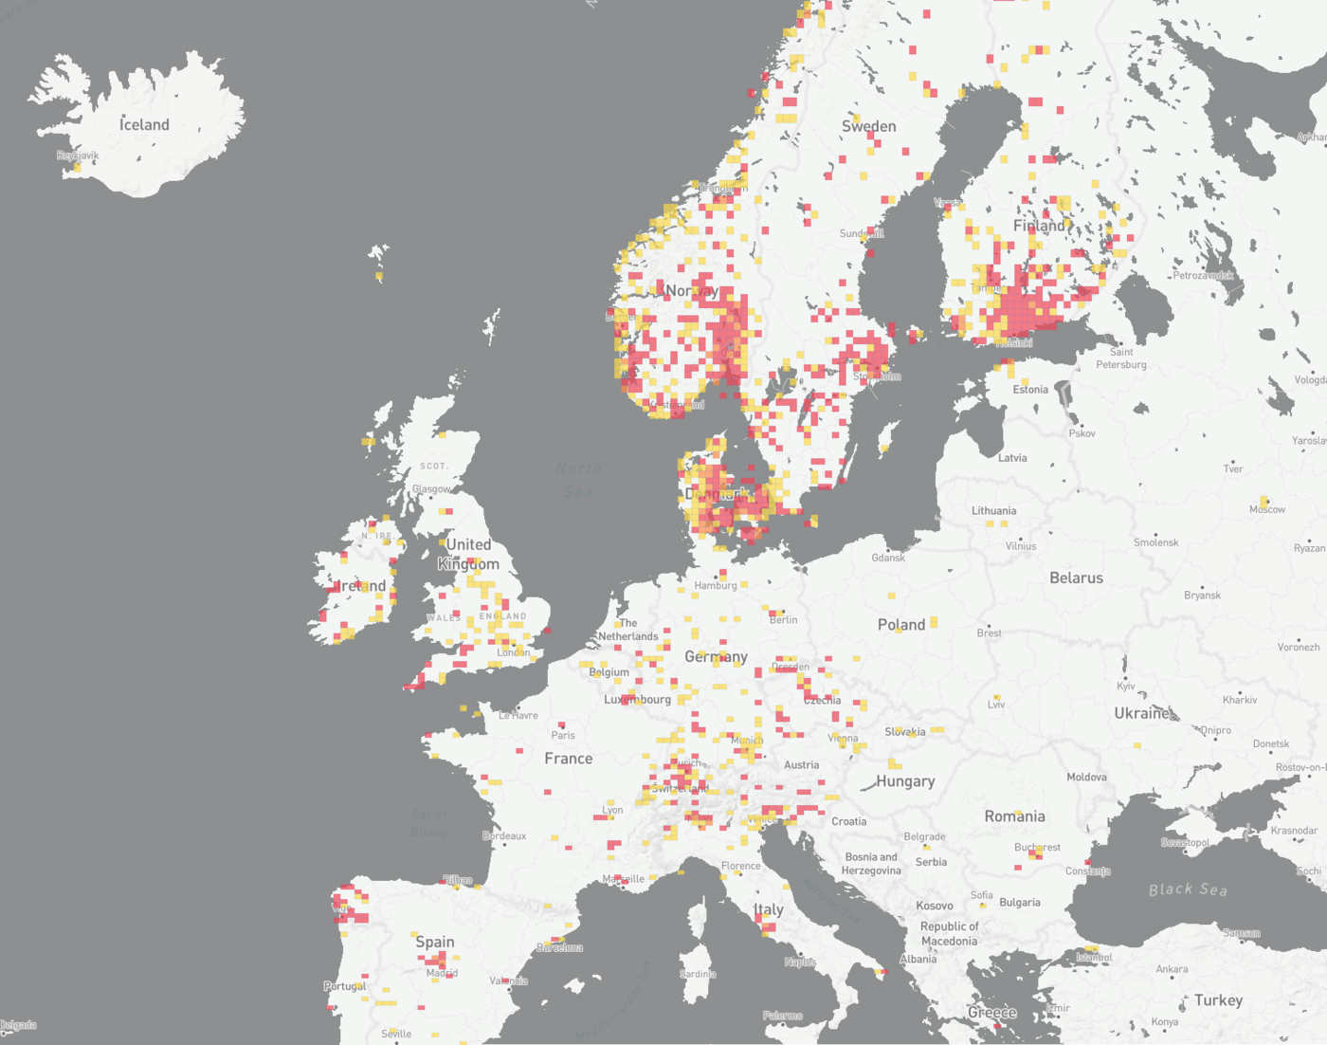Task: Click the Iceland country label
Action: (144, 124)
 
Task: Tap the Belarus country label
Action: (1076, 577)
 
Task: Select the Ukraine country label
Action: (1142, 713)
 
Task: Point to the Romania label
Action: (1014, 816)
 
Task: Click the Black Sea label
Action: (1188, 889)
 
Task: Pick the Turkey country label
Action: (1218, 1000)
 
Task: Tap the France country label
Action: (569, 759)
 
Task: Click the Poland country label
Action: (900, 625)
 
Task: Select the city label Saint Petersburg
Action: (1121, 357)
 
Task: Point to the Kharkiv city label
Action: (1239, 700)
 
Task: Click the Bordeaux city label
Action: (504, 836)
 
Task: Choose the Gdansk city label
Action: (888, 558)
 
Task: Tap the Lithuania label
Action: (993, 510)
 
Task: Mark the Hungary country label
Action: (905, 781)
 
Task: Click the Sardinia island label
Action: (698, 974)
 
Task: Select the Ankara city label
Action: (1172, 969)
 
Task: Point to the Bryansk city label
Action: (1202, 596)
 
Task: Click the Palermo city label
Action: (783, 1016)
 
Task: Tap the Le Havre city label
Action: (518, 716)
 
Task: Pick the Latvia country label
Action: (1012, 458)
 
